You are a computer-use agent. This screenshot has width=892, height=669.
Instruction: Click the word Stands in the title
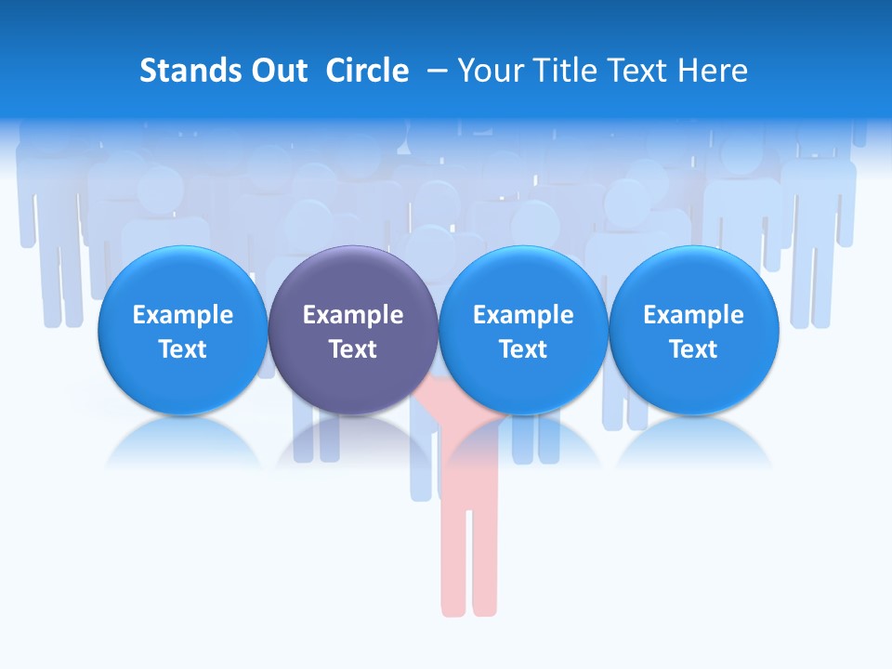[x=187, y=71]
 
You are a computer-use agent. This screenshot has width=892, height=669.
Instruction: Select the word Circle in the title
[x=367, y=71]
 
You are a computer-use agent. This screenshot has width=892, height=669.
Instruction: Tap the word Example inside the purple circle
[x=353, y=316]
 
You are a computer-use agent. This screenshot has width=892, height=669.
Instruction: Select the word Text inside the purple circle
[x=353, y=349]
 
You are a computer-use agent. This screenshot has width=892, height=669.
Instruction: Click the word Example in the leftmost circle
[x=182, y=316]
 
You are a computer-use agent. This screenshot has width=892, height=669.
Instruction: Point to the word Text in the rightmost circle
[x=693, y=349]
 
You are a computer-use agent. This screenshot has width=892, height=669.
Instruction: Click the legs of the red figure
[x=468, y=557]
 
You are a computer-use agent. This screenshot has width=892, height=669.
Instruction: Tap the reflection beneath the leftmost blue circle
[x=182, y=446]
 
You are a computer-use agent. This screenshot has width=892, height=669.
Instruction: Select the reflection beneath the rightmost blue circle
[x=693, y=446]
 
